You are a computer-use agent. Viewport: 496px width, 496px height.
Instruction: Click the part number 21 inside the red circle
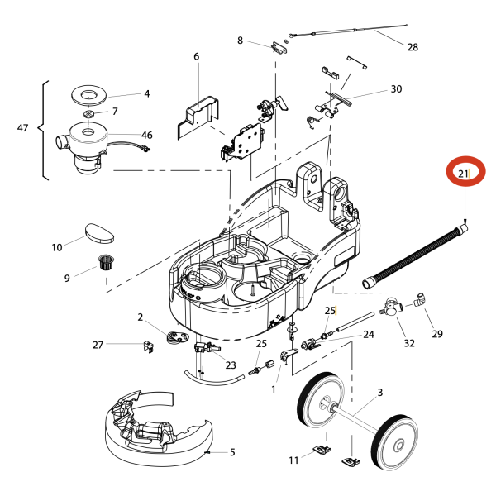pos(464,174)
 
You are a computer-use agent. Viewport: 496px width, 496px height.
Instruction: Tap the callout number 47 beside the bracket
pos(23,128)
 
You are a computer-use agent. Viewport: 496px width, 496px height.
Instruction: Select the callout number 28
pos(413,47)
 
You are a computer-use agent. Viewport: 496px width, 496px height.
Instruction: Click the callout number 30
pos(396,89)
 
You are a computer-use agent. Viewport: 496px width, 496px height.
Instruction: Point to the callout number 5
pos(232,452)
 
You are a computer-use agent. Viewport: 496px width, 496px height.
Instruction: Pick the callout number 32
pos(408,343)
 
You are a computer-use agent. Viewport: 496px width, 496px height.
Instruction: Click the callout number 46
pos(147,135)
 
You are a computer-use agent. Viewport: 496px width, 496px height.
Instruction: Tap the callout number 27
pos(98,345)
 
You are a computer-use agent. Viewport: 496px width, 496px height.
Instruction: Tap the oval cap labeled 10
pos(98,231)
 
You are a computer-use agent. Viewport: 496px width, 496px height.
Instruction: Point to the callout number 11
pos(293,460)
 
